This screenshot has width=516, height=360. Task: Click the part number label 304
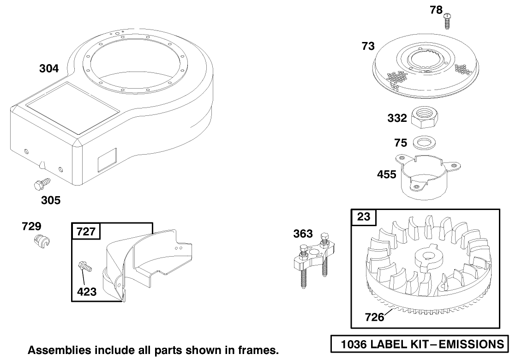[49, 68]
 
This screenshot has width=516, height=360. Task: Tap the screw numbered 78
[447, 21]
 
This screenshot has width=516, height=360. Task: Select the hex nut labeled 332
[425, 117]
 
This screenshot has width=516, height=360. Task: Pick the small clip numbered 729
[41, 241]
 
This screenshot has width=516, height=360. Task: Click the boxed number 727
[86, 232]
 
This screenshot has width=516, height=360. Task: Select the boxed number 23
[364, 217]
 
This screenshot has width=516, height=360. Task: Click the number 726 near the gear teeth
[374, 317]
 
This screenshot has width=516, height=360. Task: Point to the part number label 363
[303, 234]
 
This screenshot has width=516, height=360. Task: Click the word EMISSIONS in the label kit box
[471, 344]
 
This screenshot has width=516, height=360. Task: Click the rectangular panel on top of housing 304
[72, 108]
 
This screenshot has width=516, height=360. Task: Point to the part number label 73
[368, 47]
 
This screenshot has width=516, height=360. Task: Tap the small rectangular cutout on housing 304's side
[107, 160]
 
